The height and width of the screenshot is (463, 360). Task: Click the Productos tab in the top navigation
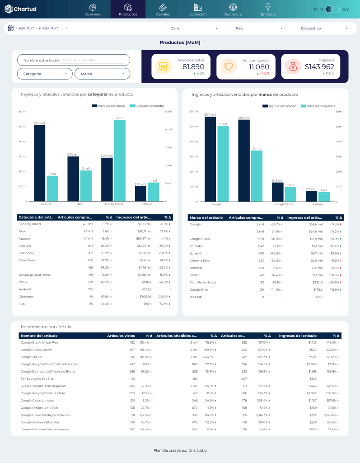point(128,9)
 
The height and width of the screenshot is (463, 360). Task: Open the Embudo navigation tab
point(268,9)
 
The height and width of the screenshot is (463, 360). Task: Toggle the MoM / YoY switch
point(332,9)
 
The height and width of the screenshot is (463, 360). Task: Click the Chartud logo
point(21,9)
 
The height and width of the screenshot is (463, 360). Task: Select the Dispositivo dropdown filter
point(324,28)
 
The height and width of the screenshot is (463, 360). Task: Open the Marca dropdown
point(102,74)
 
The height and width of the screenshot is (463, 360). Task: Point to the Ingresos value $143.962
point(319,67)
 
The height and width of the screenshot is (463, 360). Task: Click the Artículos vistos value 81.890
point(193,67)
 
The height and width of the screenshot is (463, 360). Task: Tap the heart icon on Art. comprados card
point(229,67)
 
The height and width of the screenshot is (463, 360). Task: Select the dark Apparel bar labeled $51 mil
point(39,163)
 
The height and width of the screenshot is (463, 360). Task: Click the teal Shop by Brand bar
point(120,160)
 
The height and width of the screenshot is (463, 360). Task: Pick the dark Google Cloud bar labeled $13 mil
point(277,192)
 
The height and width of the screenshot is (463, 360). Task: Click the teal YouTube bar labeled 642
point(324,197)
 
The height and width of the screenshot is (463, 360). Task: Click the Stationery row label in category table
point(27,253)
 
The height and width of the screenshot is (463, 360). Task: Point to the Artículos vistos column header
point(121,335)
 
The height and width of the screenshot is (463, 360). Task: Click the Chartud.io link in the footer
point(197,450)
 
